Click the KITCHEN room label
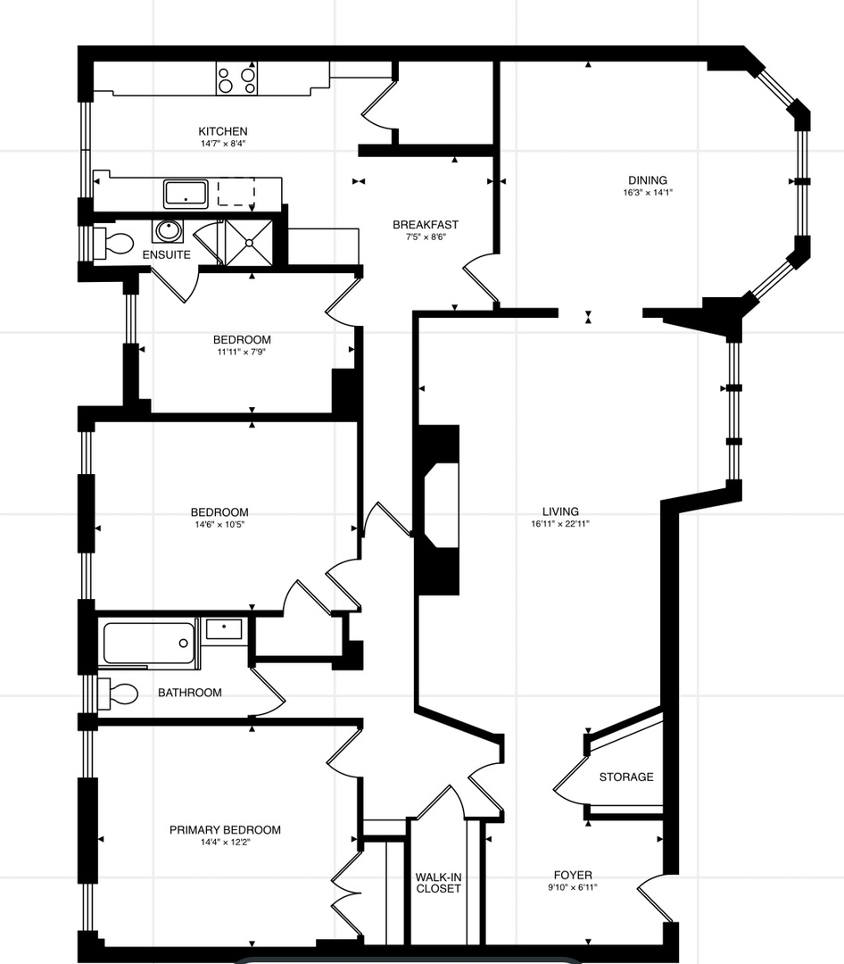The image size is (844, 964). [222, 131]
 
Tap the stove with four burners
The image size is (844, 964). [236, 79]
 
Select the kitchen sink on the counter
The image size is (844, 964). [186, 193]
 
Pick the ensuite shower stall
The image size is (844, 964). [249, 241]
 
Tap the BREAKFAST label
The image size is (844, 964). [426, 225]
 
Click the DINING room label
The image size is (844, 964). [647, 180]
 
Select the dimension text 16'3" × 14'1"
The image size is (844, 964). [648, 192]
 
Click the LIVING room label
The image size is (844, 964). [559, 511]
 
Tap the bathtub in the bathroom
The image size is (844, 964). [149, 643]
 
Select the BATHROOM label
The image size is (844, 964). [189, 693]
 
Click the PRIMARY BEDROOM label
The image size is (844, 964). [225, 830]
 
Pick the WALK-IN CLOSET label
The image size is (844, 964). [438, 883]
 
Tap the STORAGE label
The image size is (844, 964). [625, 777]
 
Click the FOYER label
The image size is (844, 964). [572, 876]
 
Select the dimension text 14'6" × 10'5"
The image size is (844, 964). [219, 525]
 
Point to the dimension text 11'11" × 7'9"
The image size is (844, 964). [241, 352]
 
